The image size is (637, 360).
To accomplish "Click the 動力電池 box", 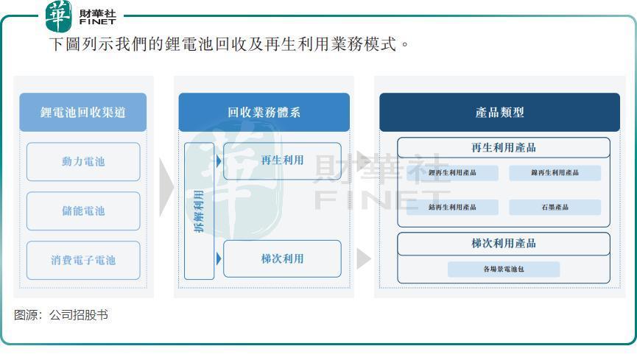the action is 83,162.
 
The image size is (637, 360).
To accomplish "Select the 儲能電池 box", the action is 83,211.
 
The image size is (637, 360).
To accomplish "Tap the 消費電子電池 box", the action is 83,260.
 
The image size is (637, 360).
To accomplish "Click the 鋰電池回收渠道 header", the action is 83,112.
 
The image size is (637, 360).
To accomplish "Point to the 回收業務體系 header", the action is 264,112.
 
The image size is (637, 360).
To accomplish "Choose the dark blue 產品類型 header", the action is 500,112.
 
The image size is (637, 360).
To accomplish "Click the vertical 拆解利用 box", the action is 199,211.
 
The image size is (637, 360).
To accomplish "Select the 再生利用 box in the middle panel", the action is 282,161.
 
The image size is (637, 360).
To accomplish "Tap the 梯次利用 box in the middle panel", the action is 282,259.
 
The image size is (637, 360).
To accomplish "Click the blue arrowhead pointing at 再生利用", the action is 219,161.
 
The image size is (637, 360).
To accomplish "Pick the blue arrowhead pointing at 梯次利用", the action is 219,259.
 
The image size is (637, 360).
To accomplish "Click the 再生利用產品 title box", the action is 504,147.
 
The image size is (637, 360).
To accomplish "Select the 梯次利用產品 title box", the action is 504,244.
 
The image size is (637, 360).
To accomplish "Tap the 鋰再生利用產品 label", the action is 452,173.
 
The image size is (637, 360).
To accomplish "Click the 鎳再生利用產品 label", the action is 555,173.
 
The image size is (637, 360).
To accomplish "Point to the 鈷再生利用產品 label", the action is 452,207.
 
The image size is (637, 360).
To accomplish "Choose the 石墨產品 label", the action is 555,207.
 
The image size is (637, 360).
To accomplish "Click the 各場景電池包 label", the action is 504,269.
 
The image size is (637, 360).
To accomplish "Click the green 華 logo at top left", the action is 59,16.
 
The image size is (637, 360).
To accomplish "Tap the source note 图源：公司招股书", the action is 61,315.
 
